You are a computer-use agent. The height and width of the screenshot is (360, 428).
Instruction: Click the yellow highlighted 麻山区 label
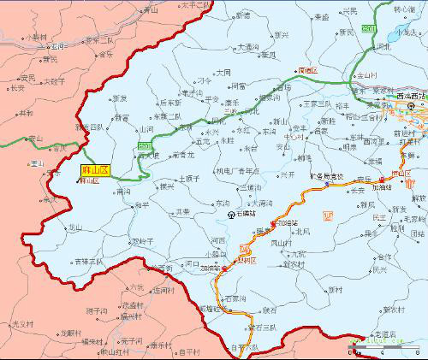(x=94, y=171)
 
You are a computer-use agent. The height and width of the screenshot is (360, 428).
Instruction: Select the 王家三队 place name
(x=317, y=104)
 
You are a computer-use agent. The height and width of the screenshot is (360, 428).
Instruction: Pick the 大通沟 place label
(x=249, y=48)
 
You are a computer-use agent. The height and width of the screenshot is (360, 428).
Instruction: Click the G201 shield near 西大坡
(x=144, y=147)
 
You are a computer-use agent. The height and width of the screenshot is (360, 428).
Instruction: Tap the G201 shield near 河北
(x=369, y=29)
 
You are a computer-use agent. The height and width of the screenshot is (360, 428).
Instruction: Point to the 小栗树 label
(x=35, y=38)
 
